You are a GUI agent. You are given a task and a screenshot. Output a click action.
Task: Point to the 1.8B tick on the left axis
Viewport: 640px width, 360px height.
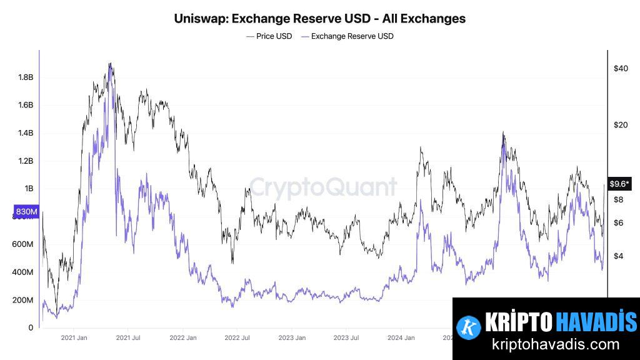click(x=26, y=77)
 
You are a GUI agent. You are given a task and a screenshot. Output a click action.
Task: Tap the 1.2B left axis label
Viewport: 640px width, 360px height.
click(x=26, y=161)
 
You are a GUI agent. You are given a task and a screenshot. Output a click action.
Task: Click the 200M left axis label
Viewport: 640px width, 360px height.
click(x=22, y=300)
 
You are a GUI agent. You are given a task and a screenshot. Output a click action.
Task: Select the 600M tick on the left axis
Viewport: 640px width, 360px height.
click(x=22, y=244)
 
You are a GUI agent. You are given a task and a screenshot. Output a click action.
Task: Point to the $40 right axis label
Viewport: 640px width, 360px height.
click(x=621, y=68)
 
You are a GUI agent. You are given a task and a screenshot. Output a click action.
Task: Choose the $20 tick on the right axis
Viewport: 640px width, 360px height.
click(x=621, y=125)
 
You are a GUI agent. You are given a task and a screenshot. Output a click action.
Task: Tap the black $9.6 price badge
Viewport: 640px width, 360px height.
click(x=620, y=184)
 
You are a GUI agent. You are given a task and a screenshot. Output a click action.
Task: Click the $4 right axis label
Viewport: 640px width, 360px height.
click(x=618, y=256)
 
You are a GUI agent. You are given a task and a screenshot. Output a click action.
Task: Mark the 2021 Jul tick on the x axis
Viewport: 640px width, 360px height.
click(x=127, y=337)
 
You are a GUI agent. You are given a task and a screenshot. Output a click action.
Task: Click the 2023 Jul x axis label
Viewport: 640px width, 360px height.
click(x=345, y=337)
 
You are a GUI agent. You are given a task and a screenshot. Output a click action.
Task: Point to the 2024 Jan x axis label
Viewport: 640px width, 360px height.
click(x=400, y=337)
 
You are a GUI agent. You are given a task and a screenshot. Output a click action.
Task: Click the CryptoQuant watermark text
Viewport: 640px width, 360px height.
click(x=323, y=187)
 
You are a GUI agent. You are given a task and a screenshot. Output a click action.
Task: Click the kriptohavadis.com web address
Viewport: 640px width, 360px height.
click(x=556, y=344)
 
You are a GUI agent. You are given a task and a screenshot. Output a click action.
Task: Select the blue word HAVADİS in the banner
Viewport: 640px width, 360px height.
click(x=596, y=322)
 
